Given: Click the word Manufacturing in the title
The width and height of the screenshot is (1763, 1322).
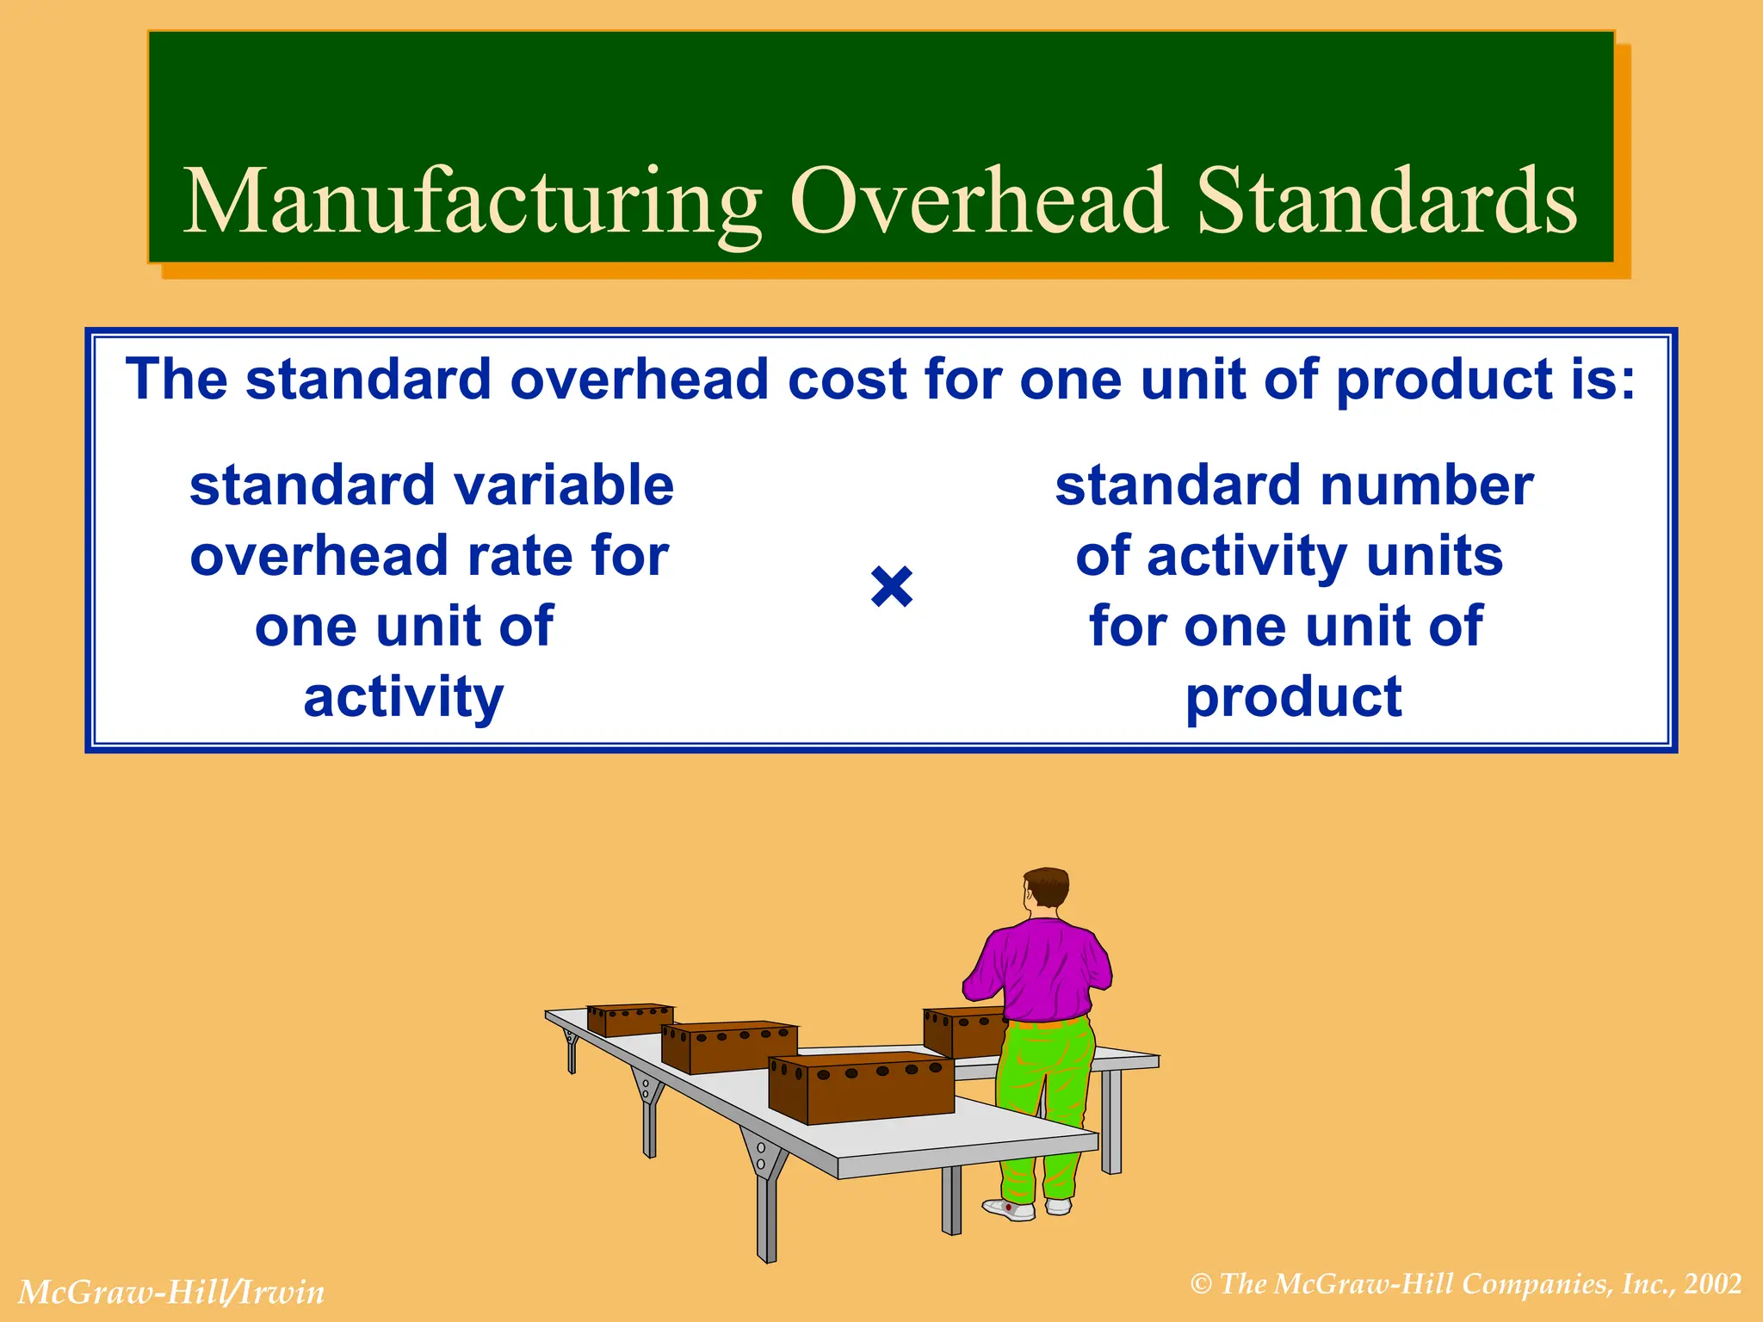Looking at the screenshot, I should click(472, 203).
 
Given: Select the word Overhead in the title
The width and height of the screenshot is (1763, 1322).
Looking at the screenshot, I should click(978, 201).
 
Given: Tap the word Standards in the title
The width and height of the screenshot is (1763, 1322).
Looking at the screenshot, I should click(1387, 201).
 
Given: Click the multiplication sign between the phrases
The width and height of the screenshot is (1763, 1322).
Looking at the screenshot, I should click(891, 587).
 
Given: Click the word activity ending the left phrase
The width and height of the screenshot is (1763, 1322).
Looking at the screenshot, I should click(404, 697).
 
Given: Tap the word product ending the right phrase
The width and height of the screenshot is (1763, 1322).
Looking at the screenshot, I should click(1293, 697).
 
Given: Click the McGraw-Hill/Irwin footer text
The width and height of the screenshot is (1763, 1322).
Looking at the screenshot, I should click(171, 1292).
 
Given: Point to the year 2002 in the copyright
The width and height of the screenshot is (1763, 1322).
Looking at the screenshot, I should click(1713, 1284).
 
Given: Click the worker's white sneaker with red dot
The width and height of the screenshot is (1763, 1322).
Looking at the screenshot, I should click(1009, 1209).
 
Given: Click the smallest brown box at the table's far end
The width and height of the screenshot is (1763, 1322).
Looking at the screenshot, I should click(629, 1019).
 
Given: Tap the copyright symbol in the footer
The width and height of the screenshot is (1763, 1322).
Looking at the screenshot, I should click(1201, 1285).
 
